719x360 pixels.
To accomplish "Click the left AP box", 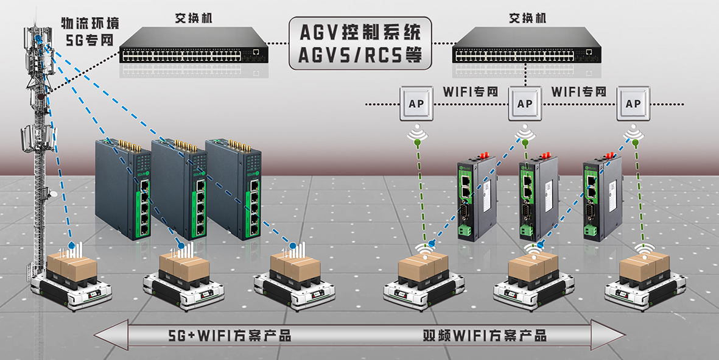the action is coord(416,104).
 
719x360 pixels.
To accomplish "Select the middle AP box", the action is coord(525,104).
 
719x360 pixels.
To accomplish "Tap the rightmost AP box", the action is coord(633,104).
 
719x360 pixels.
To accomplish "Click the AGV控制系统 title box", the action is coord(360,44).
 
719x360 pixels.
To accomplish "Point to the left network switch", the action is coord(194,45).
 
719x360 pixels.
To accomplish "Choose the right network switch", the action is coord(527,45).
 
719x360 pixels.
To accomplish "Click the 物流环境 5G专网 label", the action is coord(90,30).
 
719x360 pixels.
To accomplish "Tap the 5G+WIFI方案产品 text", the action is coord(230,335).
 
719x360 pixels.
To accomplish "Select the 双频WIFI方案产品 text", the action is coord(485,335).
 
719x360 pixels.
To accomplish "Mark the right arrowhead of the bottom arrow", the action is coord(608,335).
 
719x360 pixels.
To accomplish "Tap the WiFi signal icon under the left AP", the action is coord(417,133).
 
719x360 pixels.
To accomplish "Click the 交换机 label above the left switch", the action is coord(194,18).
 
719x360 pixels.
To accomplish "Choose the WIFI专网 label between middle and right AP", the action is coord(579,91).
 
